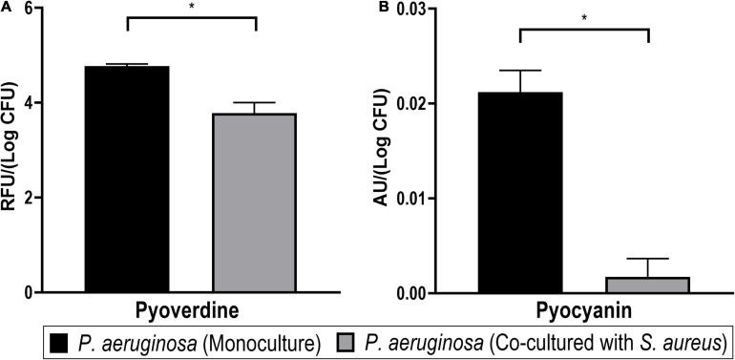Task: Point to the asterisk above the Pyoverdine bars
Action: coord(192,7)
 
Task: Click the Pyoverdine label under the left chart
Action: coord(191,310)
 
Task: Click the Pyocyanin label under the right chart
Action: coord(584,310)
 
